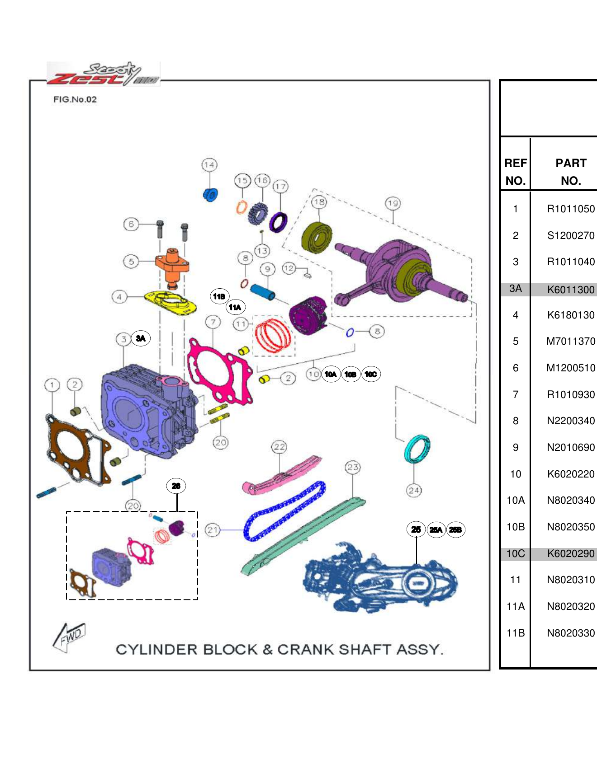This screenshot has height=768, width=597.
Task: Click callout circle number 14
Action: [x=209, y=165]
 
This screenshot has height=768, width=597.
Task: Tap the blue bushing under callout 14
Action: [x=210, y=195]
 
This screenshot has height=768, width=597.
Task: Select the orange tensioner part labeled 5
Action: [x=172, y=267]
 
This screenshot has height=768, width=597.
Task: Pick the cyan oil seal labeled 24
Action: [x=417, y=449]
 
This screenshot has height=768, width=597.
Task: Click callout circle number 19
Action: [x=393, y=203]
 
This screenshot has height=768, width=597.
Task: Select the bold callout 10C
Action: [x=371, y=374]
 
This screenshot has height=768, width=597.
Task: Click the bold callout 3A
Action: [x=141, y=338]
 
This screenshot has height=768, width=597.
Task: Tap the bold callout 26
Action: [x=176, y=486]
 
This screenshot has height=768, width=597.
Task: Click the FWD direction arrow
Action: [x=69, y=637]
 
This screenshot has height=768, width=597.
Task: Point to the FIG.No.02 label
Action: [x=75, y=99]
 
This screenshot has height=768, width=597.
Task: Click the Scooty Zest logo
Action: [x=103, y=75]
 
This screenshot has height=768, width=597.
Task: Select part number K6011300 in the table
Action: [x=570, y=290]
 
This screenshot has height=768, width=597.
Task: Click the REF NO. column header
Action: [x=515, y=172]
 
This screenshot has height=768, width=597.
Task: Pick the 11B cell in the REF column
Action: [x=515, y=633]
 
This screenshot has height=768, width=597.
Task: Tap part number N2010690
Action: [x=570, y=447]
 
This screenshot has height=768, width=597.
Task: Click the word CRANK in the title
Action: [x=306, y=650]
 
